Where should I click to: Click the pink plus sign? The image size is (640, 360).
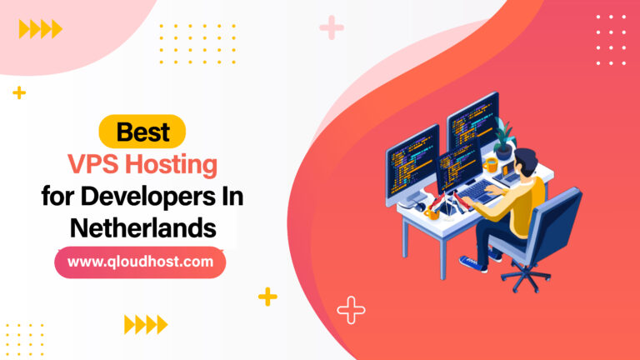[x=332, y=28]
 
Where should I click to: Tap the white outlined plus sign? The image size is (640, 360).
[x=351, y=311]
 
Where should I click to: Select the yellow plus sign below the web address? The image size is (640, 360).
[x=267, y=296]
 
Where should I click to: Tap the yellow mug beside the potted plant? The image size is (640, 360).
[x=491, y=163]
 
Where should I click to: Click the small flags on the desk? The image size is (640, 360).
[x=451, y=198]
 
